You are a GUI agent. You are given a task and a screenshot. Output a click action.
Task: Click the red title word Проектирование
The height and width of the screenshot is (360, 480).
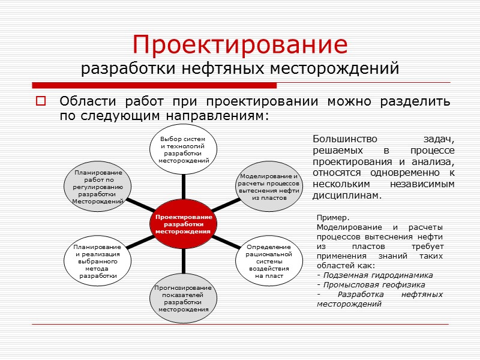(240, 44)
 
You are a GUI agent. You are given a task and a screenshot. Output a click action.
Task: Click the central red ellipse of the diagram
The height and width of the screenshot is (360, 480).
(184, 223)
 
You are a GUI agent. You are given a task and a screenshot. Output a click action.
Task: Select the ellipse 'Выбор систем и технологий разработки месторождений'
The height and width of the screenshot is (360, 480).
(184, 149)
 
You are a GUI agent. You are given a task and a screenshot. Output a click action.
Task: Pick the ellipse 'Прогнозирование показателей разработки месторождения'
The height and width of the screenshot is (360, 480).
(184, 299)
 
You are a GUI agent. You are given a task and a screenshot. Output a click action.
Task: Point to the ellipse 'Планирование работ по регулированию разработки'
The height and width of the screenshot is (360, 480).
(98, 187)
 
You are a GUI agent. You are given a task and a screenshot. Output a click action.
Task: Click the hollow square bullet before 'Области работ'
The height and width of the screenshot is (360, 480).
(41, 101)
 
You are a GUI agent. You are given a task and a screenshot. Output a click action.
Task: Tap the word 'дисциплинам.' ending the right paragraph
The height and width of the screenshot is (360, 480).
(347, 196)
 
